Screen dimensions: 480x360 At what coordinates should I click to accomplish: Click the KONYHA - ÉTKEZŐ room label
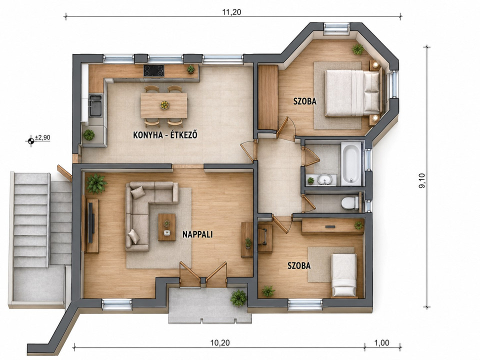point(165,134)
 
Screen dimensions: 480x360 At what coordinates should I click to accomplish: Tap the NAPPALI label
point(197,234)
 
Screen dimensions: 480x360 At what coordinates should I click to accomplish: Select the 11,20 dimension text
point(231,12)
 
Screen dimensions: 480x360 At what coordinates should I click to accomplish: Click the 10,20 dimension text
point(220,342)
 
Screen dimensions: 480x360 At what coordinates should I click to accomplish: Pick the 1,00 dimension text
point(381,342)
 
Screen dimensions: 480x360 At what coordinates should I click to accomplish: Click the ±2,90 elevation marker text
point(42,137)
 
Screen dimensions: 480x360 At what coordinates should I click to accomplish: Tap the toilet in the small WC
point(350,203)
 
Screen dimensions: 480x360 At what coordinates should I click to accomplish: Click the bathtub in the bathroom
point(351,163)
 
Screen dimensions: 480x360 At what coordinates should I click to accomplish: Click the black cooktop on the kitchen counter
point(153,70)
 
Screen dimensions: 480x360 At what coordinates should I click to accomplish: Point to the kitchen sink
point(95,105)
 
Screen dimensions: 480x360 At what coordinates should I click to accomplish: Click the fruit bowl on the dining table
point(164,105)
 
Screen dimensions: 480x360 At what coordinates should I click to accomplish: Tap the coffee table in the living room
point(167,227)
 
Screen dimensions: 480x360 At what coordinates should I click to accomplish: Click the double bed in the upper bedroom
point(352,93)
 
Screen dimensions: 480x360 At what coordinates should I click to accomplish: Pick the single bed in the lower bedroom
point(344,275)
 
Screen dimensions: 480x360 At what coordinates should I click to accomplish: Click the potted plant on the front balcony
point(238,298)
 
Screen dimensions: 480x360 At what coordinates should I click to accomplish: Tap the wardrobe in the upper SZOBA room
point(268,97)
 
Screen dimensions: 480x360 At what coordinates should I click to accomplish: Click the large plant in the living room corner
point(96,183)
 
